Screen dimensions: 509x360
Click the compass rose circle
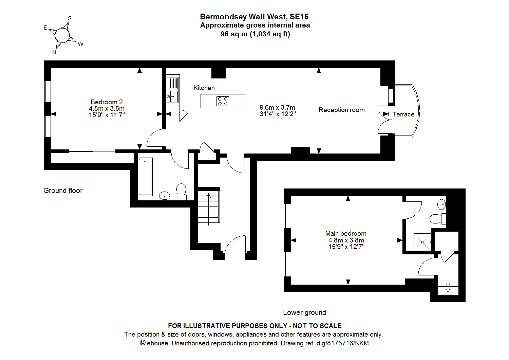(x=62, y=35)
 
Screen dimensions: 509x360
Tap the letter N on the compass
(x=54, y=52)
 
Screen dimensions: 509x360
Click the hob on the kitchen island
(x=223, y=101)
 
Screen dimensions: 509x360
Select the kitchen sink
(x=173, y=96)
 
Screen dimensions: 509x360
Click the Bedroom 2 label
(x=107, y=102)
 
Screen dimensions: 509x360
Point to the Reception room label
(x=341, y=110)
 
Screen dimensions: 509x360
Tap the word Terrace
(x=403, y=114)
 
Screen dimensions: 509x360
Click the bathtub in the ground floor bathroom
(x=145, y=177)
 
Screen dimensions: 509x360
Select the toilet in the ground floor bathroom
(x=181, y=191)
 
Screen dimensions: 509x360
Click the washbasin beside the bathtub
(x=165, y=195)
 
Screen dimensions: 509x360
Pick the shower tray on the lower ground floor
(x=422, y=242)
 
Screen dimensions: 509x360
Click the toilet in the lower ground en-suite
(x=437, y=219)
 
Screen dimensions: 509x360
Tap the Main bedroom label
(x=346, y=233)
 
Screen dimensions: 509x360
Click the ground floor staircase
(x=208, y=207)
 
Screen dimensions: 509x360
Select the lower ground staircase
(x=448, y=284)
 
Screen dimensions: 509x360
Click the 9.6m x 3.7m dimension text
(x=277, y=107)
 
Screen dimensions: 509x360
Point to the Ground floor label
(x=63, y=191)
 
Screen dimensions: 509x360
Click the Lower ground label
(x=304, y=312)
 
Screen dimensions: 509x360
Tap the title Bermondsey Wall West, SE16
(x=254, y=17)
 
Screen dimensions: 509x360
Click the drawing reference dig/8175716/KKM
(x=342, y=343)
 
